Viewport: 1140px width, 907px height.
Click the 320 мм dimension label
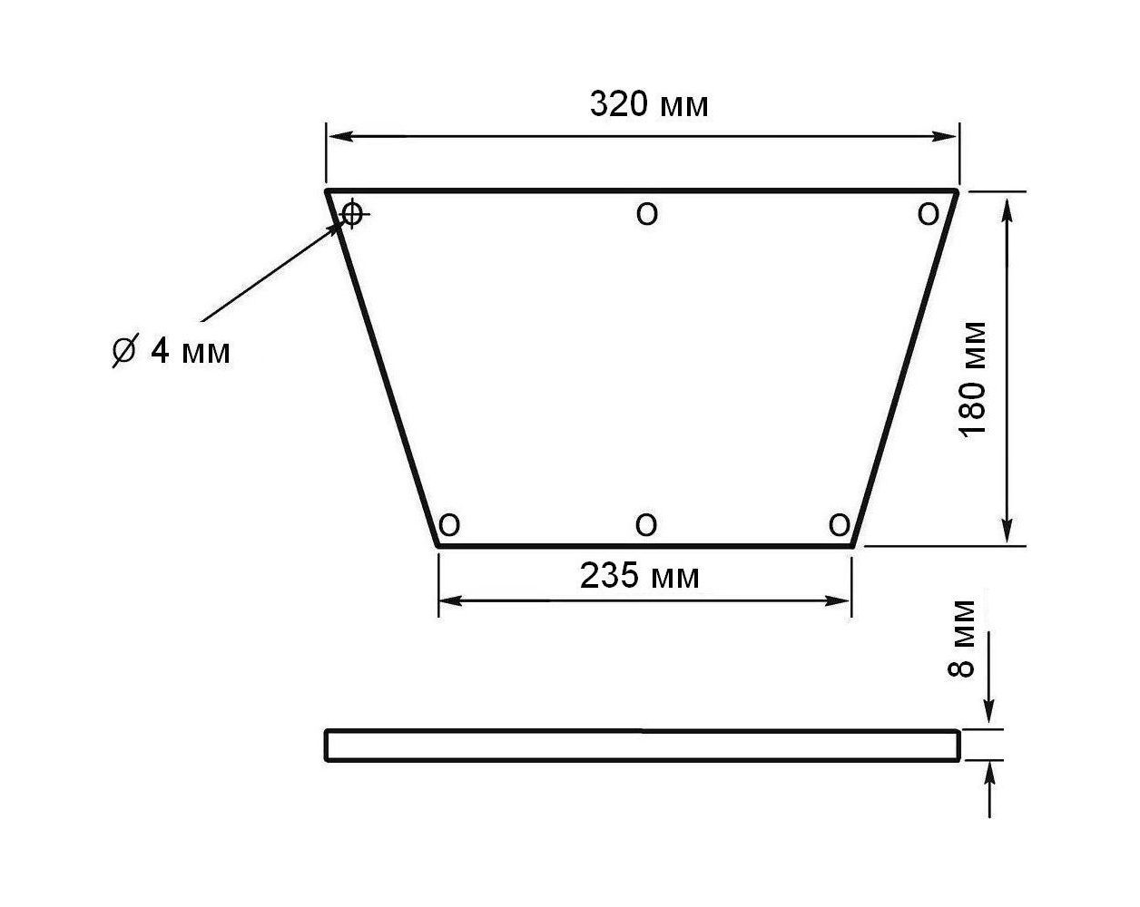click(649, 104)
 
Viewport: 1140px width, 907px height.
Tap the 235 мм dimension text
click(639, 576)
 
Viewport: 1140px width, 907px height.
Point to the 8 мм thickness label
click(960, 639)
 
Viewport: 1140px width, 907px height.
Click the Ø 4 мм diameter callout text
click(172, 350)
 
